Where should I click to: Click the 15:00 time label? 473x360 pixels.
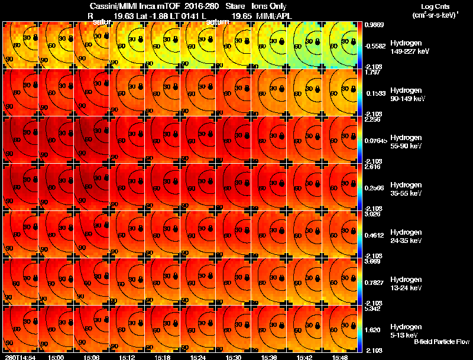pyautogui.click(x=56, y=357)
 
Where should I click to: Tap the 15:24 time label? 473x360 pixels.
pyautogui.click(x=198, y=357)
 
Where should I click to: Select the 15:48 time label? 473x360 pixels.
pyautogui.click(x=340, y=357)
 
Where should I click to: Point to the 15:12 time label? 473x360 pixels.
pyautogui.click(x=127, y=357)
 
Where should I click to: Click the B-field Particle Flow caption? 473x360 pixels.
pyautogui.click(x=441, y=342)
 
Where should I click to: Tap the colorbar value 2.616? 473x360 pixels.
pyautogui.click(x=372, y=167)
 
